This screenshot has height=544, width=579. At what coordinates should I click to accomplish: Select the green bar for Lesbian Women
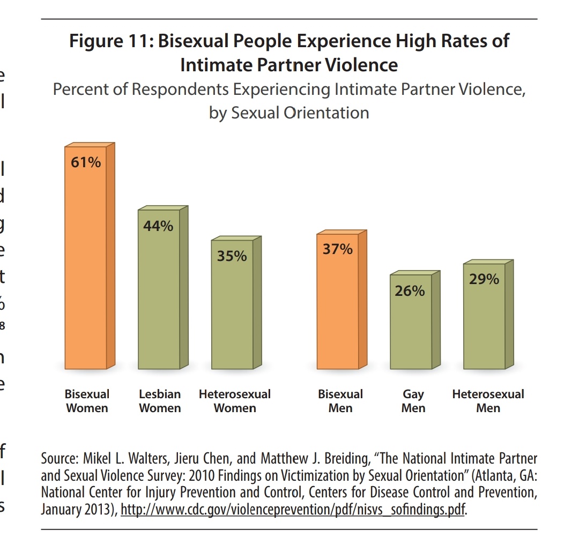click(159, 300)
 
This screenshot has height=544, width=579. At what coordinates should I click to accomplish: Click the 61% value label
click(86, 162)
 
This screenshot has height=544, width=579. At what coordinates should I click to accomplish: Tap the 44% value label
click(158, 226)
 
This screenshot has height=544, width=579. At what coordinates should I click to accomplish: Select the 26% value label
click(410, 291)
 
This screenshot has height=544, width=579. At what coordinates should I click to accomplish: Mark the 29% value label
click(484, 279)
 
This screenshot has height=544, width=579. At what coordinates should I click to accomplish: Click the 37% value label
click(337, 249)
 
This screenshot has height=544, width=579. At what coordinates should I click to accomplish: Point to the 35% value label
click(232, 256)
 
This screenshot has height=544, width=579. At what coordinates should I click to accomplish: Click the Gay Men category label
click(413, 401)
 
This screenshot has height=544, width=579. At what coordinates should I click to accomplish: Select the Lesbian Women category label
click(160, 401)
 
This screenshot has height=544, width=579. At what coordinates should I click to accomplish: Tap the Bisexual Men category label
click(340, 401)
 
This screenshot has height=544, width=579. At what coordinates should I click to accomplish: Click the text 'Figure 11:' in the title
click(110, 41)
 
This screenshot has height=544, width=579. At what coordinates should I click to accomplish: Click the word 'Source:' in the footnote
click(60, 459)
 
